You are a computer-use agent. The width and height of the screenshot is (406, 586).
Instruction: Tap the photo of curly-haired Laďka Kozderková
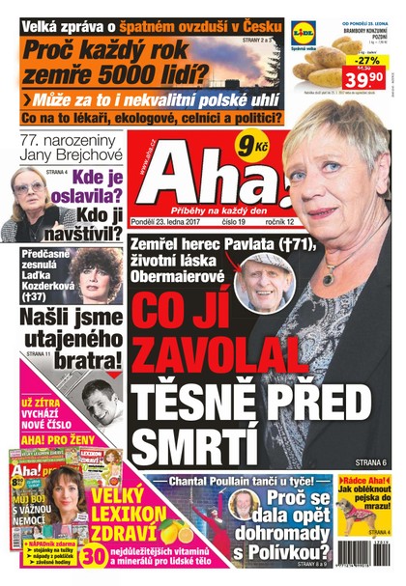(100, 275)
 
